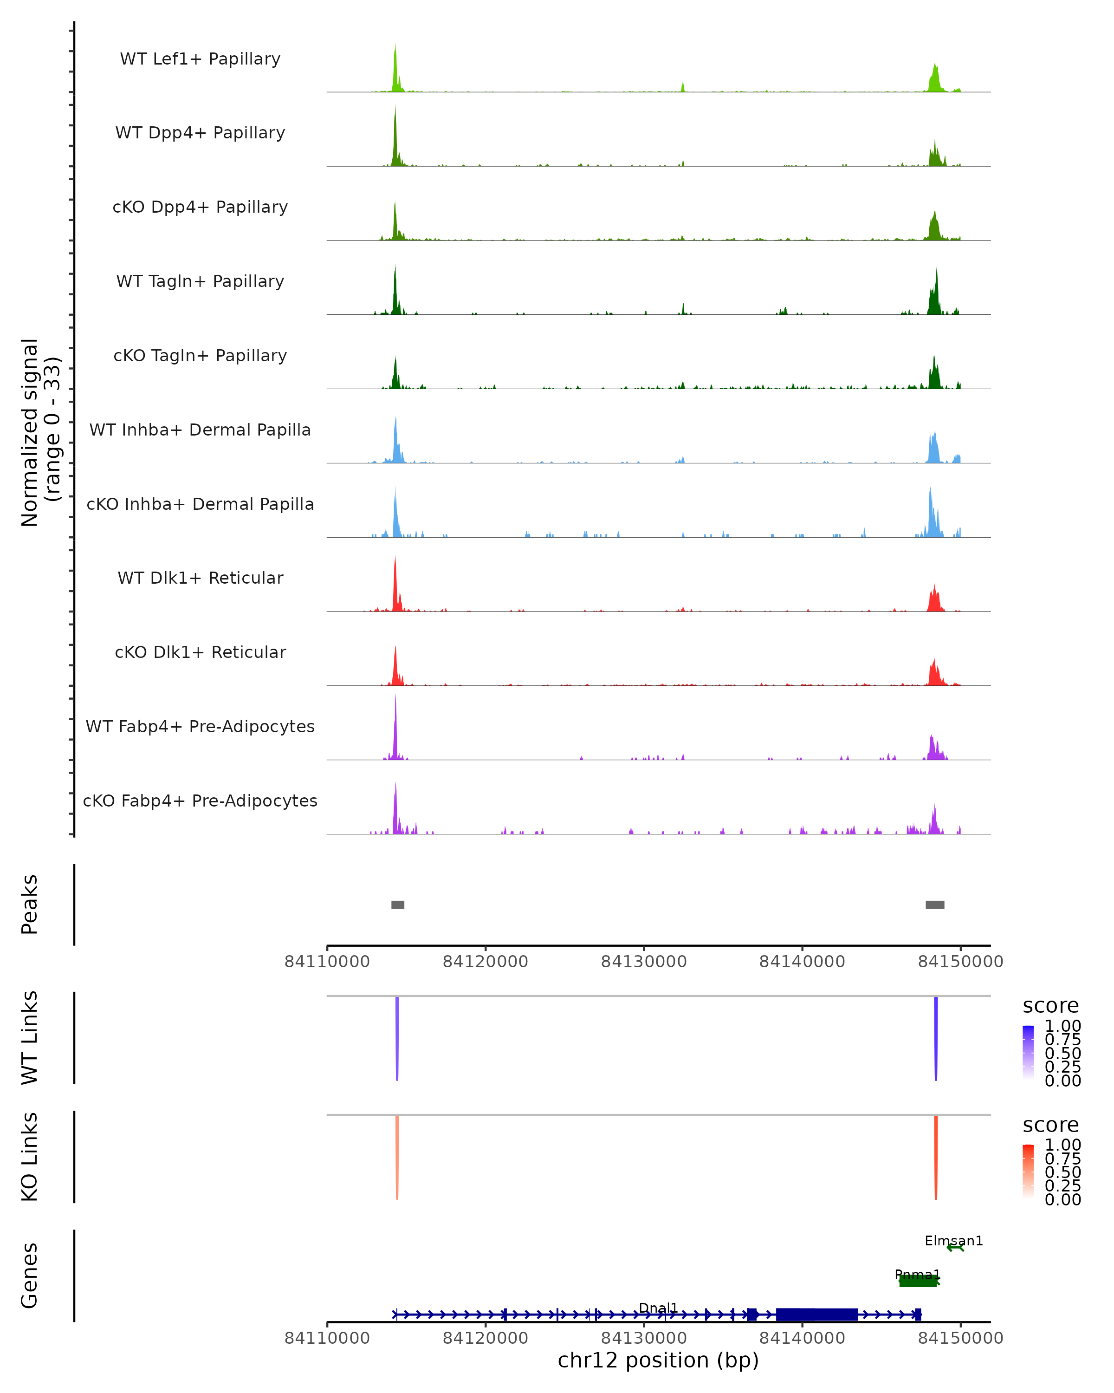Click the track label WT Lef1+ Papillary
(x=200, y=59)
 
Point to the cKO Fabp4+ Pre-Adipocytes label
(x=200, y=801)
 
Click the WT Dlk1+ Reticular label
(x=200, y=578)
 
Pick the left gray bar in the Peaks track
(x=398, y=905)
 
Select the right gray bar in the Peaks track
(x=934, y=905)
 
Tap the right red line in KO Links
(x=936, y=1157)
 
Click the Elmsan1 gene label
(x=953, y=1241)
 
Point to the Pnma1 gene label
(x=917, y=1275)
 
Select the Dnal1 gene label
(x=658, y=1308)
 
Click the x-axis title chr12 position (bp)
(x=658, y=1360)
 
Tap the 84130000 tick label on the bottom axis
(x=644, y=1338)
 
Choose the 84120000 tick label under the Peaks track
(x=486, y=962)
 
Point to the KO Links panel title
(x=30, y=1157)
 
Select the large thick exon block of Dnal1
(x=817, y=1314)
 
